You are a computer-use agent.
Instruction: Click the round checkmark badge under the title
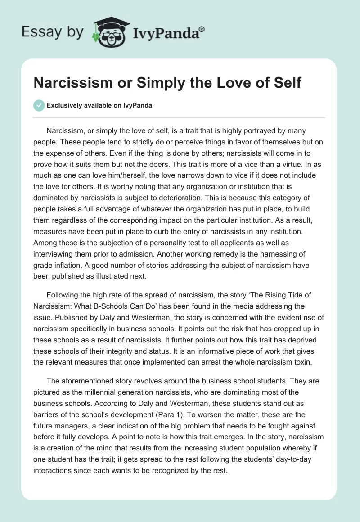point(39,105)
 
